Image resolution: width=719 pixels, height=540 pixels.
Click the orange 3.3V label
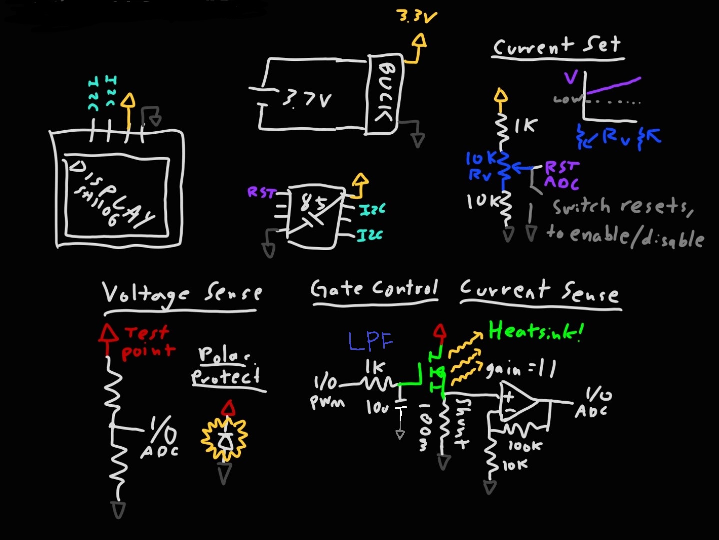417,17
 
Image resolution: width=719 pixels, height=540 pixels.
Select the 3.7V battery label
306,99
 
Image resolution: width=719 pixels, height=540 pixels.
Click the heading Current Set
557,46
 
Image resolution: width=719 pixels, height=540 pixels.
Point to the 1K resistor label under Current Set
526,125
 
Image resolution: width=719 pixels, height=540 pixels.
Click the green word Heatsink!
536,331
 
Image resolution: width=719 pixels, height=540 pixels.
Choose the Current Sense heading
539,291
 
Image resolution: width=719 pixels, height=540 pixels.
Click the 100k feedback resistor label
525,446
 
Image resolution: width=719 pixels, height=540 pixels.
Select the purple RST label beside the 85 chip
261,192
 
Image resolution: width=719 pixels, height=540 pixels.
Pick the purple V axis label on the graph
571,77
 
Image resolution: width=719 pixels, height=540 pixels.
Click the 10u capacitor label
377,407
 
